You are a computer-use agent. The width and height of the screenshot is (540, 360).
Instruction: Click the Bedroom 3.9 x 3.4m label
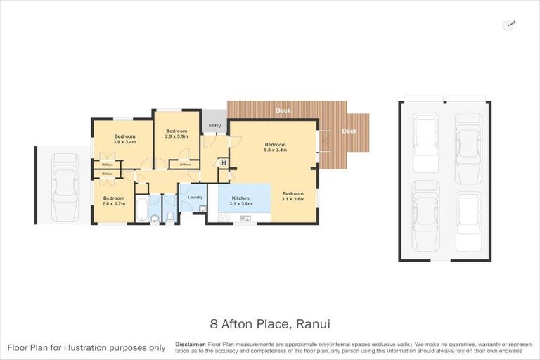tap(124, 139)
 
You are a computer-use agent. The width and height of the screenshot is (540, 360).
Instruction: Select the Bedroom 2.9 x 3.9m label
tap(176, 134)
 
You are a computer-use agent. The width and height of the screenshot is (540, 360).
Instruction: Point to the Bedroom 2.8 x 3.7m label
tap(113, 201)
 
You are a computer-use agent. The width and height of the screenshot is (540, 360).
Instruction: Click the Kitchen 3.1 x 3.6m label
tap(241, 200)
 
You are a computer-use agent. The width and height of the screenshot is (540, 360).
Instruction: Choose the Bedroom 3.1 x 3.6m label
tap(293, 196)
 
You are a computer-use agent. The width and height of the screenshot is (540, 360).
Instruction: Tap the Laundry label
tap(195, 197)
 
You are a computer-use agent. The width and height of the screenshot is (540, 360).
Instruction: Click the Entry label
tap(214, 126)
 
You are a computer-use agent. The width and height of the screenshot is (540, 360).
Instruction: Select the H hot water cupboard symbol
tap(224, 163)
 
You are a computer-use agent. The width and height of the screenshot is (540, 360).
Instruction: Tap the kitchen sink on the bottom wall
tap(244, 219)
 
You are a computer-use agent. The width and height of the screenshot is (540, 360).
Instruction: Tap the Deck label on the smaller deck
tap(349, 131)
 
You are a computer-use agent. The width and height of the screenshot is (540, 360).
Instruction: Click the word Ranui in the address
tap(314, 324)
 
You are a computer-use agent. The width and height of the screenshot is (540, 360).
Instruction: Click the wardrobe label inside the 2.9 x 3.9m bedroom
tap(184, 165)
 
